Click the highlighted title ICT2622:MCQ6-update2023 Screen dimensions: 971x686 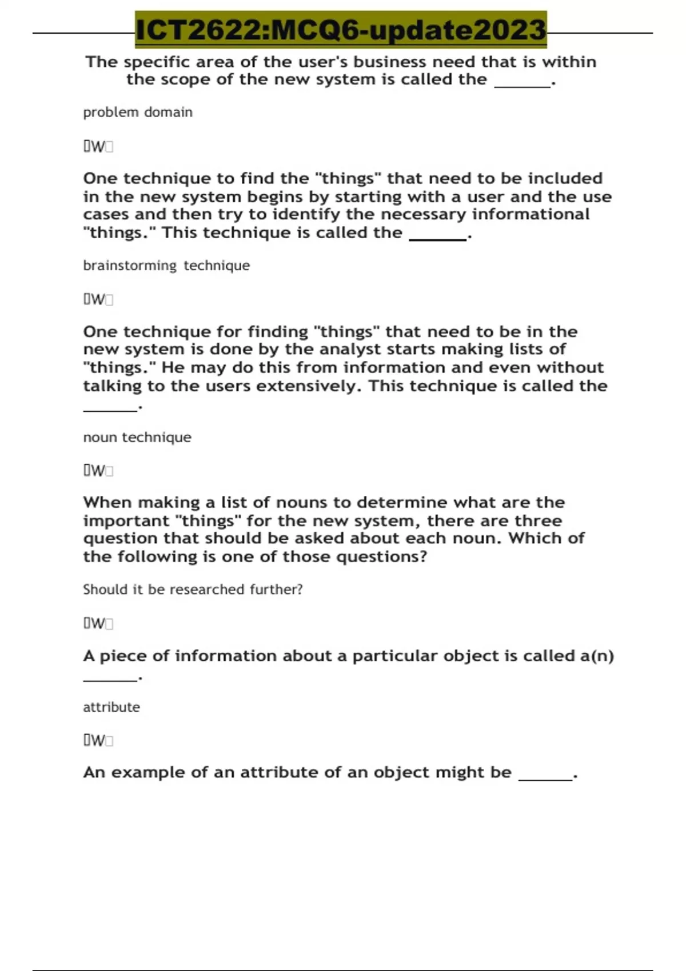(x=341, y=30)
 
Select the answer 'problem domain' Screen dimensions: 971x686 (x=138, y=112)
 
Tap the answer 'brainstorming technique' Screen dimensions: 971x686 (x=166, y=266)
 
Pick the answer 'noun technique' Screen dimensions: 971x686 (x=137, y=438)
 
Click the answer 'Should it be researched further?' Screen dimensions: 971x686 (x=193, y=589)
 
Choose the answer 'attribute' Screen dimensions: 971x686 (x=111, y=707)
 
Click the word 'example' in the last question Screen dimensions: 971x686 (x=148, y=772)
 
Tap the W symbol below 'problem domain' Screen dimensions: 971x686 (x=98, y=147)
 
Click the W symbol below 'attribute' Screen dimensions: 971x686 (x=98, y=741)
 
